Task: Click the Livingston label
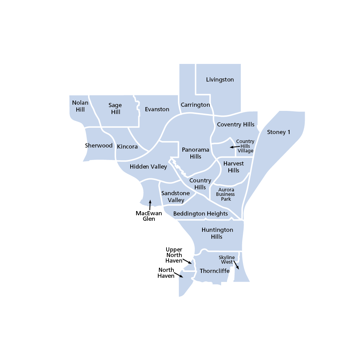[x=220, y=79]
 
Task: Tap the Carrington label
[x=195, y=105]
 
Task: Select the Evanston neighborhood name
[x=157, y=109]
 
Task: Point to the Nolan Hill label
[x=80, y=106]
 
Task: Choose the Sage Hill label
[x=115, y=108]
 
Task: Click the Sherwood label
[x=99, y=145]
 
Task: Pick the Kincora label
[x=127, y=146]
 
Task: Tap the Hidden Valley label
[x=148, y=167]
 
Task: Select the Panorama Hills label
[x=196, y=153]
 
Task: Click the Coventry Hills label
[x=235, y=124]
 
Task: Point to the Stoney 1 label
[x=278, y=132]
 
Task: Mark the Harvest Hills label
[x=234, y=167]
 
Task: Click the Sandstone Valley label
[x=176, y=197]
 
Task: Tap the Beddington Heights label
[x=200, y=214]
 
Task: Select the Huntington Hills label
[x=217, y=233]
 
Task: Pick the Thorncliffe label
[x=215, y=271]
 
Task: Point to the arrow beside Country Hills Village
[x=234, y=147]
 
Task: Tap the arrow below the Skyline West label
[x=236, y=265]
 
